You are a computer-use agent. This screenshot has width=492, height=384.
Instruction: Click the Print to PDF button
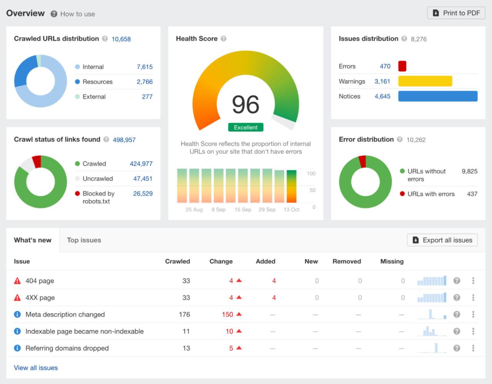[456, 13]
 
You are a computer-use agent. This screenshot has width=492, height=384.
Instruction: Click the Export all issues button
[442, 240]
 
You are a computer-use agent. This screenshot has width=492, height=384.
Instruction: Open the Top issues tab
[84, 240]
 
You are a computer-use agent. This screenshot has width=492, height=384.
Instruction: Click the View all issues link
[36, 368]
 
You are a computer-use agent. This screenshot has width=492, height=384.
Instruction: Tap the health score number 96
[246, 105]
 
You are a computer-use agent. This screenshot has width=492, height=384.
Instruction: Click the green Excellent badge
[246, 127]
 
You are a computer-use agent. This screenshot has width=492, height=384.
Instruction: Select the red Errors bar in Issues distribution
[402, 66]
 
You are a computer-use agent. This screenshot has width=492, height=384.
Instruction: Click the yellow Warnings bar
[425, 81]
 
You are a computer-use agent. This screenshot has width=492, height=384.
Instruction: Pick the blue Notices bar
[438, 96]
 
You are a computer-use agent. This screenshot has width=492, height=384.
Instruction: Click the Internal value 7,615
[145, 67]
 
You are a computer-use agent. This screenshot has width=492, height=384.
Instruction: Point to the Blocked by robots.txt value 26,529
[143, 194]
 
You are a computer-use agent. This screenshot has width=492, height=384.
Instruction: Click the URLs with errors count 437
[472, 194]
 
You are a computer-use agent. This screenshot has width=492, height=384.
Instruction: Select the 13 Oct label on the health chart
[291, 209]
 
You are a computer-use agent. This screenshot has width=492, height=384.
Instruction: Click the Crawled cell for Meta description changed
[184, 314]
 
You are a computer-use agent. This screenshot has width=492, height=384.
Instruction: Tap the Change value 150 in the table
[227, 314]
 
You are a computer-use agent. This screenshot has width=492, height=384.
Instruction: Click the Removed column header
[346, 261]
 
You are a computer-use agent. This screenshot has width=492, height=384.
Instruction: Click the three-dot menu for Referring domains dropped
[473, 348]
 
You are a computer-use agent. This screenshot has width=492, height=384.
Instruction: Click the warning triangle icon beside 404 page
[17, 281]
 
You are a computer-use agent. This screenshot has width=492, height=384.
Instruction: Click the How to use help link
[77, 14]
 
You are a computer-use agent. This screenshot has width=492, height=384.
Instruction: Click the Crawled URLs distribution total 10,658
[121, 39]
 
